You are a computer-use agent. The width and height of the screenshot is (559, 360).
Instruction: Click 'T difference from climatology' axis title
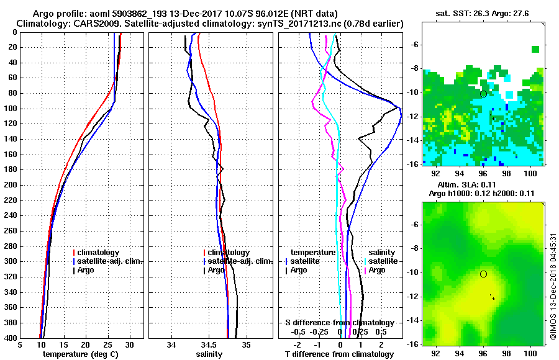click(339, 354)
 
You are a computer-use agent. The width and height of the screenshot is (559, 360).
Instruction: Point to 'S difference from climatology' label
click(339, 323)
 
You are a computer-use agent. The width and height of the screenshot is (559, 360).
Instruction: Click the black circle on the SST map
click(483, 94)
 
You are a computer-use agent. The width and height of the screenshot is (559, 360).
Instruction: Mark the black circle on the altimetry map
click(483, 274)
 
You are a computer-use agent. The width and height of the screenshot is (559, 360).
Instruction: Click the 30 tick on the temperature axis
click(130, 346)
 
